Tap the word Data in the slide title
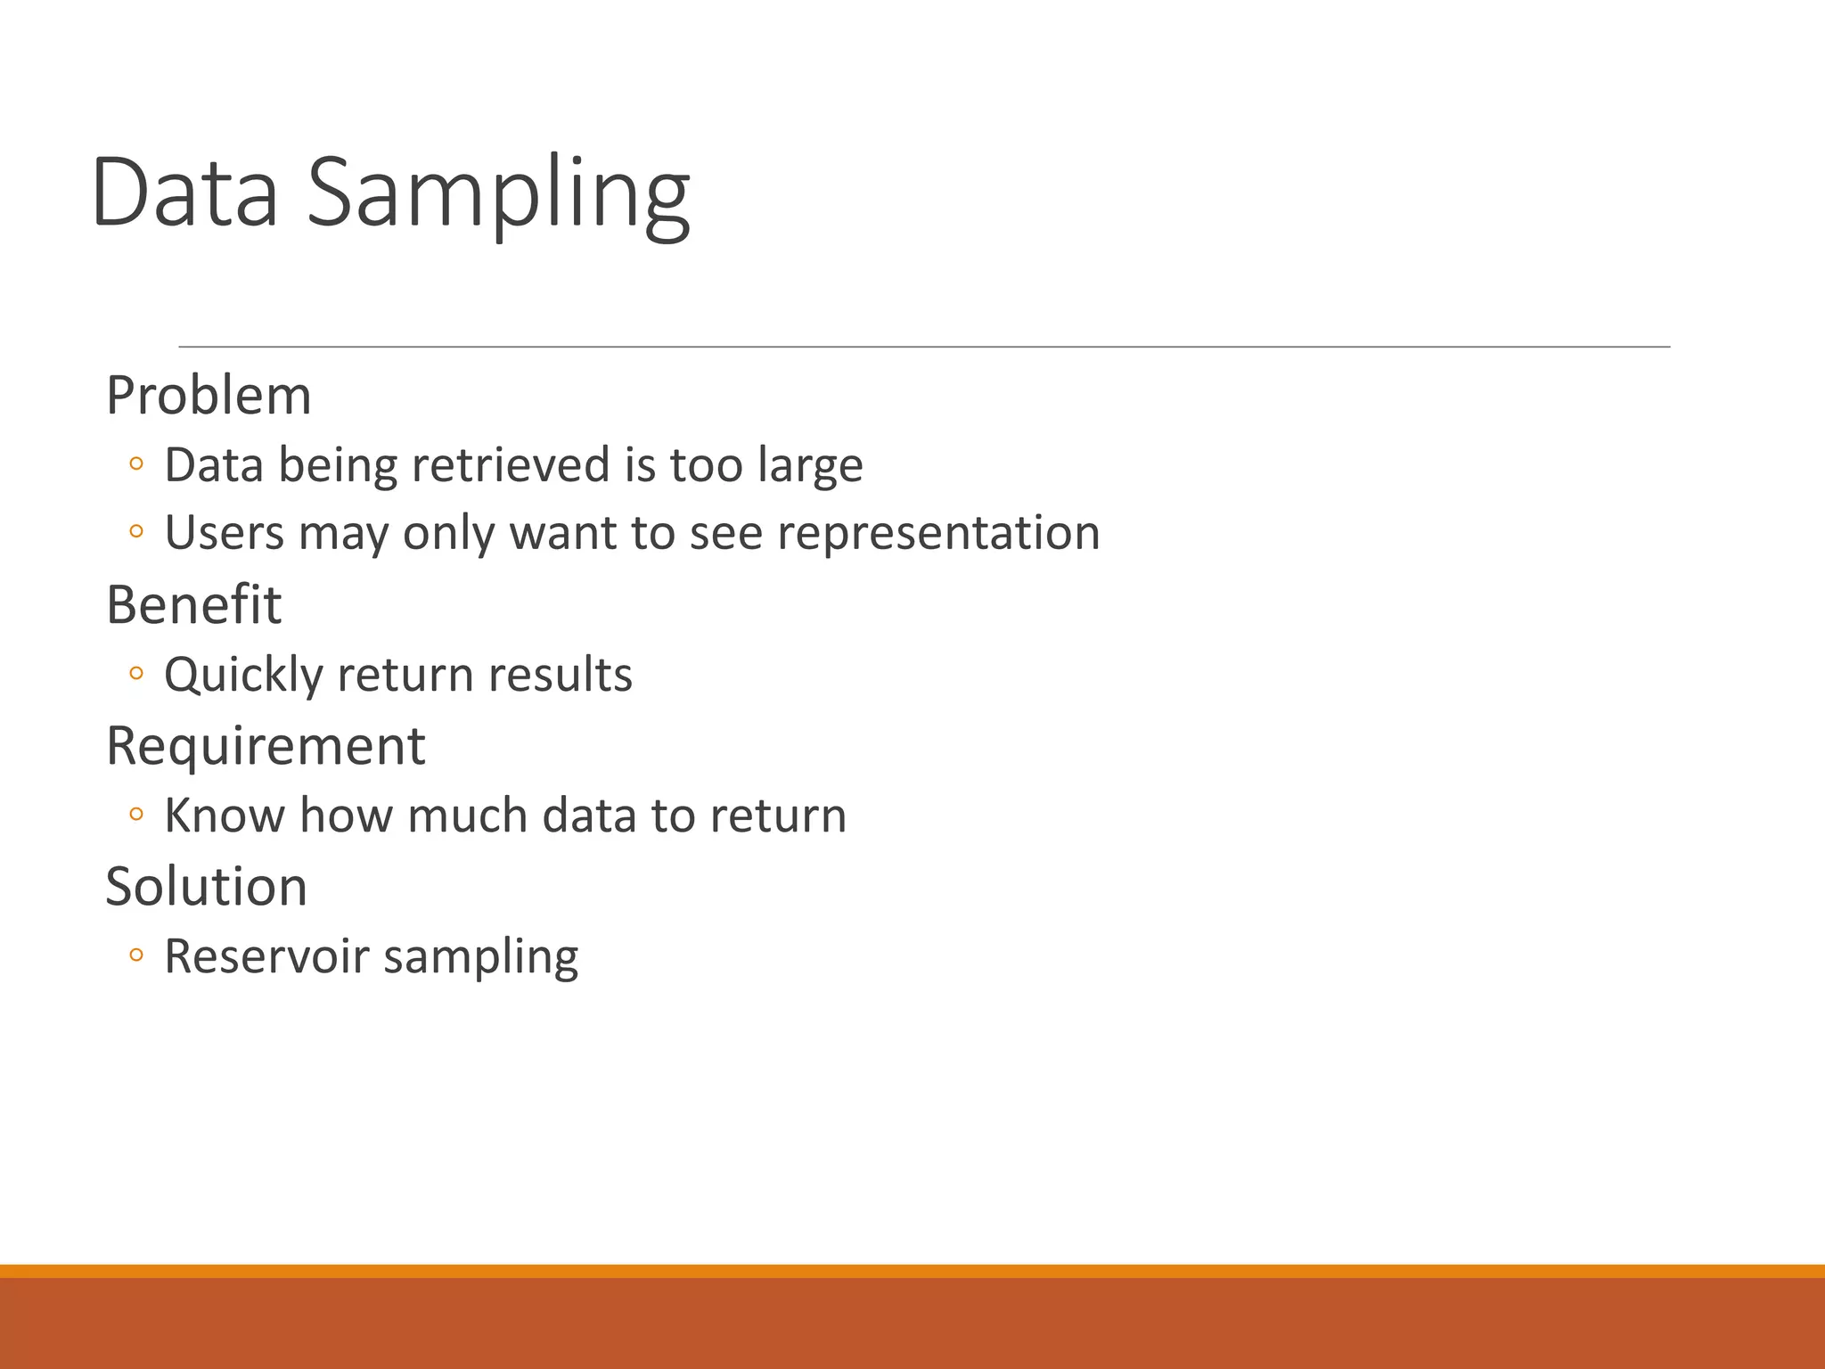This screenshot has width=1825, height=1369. click(x=184, y=193)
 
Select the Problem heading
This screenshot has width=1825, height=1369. click(x=209, y=395)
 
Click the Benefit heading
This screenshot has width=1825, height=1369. click(x=193, y=605)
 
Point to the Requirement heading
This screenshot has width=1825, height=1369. click(x=266, y=746)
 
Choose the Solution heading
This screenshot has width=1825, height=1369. click(x=206, y=887)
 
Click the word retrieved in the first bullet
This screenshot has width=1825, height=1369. click(x=510, y=465)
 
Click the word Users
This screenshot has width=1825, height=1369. click(x=224, y=533)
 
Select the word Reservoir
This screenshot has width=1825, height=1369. click(x=266, y=956)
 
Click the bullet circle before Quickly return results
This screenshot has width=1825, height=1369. click(x=135, y=674)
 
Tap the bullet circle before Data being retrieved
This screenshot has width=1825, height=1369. click(x=135, y=463)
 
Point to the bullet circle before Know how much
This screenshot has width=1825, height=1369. click(x=135, y=814)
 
